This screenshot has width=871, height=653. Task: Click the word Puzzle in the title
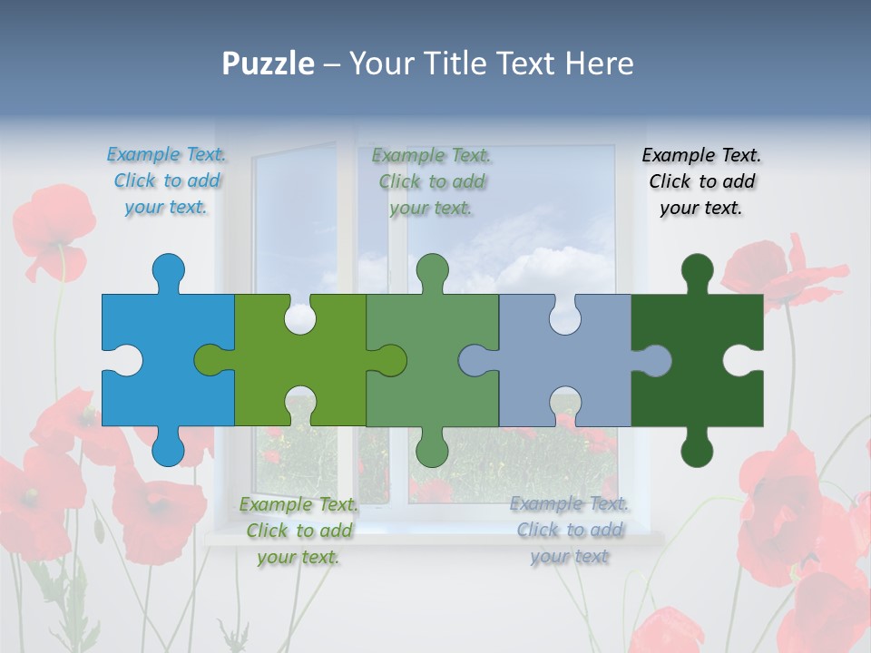(x=269, y=63)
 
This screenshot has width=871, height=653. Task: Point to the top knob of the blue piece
(x=168, y=269)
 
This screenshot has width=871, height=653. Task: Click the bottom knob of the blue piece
(x=168, y=448)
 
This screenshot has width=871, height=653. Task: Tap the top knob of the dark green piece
(x=697, y=269)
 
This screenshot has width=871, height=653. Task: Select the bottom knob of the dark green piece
(x=697, y=448)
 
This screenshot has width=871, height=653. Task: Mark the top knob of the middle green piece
(x=433, y=269)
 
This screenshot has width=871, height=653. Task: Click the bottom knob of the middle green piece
(x=433, y=448)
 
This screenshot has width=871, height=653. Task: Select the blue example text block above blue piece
(x=167, y=180)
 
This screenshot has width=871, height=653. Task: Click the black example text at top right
(x=701, y=180)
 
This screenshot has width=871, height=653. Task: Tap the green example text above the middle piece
(x=432, y=180)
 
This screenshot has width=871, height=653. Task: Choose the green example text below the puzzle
(x=298, y=531)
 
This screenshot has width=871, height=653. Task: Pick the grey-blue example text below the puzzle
(x=570, y=530)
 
